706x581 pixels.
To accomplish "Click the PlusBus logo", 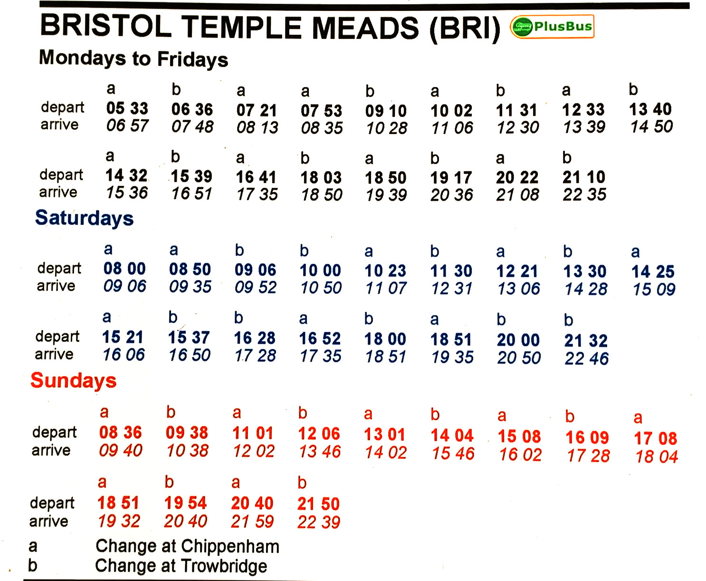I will (x=552, y=27).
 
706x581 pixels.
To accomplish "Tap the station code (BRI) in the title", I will (x=464, y=29).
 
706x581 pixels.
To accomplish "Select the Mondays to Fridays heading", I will (x=134, y=58).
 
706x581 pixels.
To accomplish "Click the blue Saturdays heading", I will (x=84, y=218).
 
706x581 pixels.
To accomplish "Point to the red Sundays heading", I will (x=73, y=380).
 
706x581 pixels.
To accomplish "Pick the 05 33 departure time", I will (x=127, y=108).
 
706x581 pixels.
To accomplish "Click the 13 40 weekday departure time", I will (x=650, y=109).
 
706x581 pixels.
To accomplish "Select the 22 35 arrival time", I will (x=584, y=194).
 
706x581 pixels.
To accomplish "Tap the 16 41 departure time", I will (x=256, y=177).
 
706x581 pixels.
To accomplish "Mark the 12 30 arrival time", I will (x=518, y=127).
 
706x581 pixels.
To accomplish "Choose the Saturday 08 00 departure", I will (x=124, y=269).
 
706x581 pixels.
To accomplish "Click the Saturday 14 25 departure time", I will (x=653, y=271).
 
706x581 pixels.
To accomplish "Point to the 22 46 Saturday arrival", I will (x=586, y=358).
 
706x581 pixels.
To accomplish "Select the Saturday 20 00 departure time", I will (x=518, y=340).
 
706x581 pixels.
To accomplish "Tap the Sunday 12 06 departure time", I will (x=319, y=434).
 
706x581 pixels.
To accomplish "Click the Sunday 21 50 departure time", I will (x=318, y=504).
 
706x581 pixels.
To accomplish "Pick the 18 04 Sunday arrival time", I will (x=657, y=457).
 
